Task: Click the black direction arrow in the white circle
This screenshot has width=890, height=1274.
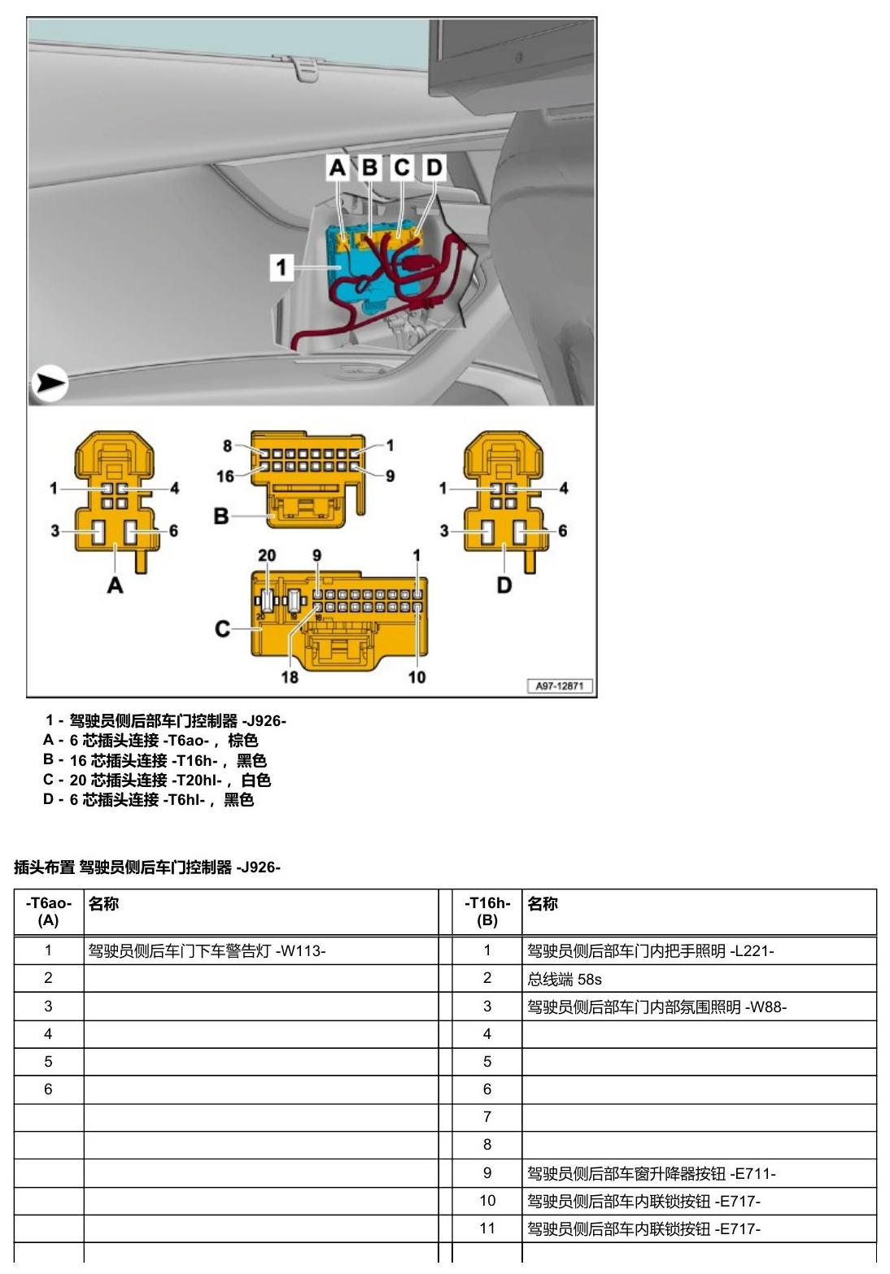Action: click(50, 383)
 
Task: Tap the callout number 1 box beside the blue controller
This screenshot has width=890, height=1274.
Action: click(281, 267)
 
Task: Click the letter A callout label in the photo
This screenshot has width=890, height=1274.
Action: click(338, 167)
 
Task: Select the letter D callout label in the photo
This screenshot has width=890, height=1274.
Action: click(434, 167)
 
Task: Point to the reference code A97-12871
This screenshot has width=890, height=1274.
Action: click(560, 685)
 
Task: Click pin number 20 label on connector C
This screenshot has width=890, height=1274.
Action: click(267, 555)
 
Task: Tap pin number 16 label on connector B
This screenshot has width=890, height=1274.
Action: click(225, 476)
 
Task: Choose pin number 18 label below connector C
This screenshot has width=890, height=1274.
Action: click(289, 676)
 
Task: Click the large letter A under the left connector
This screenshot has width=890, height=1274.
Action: click(115, 585)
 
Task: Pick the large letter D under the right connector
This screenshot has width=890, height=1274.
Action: click(504, 585)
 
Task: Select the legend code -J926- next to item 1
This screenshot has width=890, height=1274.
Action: click(264, 720)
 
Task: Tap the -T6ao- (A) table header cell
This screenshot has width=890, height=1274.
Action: click(49, 911)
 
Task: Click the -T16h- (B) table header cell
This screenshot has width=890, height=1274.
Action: click(487, 911)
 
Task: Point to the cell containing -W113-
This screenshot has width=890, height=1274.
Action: click(261, 950)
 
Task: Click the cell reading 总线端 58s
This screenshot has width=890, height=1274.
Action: click(699, 978)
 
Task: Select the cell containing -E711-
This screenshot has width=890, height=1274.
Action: click(699, 1173)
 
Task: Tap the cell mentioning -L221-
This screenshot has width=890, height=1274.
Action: click(699, 950)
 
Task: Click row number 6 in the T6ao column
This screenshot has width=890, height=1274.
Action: click(48, 1089)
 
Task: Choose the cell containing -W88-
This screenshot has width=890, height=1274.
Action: click(699, 1007)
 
